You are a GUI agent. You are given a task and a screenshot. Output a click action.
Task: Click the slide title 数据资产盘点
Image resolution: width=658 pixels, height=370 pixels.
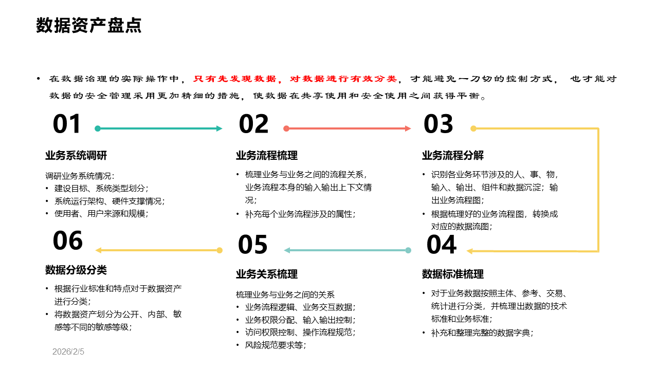click(89, 26)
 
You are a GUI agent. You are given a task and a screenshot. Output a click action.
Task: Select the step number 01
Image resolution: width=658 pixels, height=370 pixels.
click(67, 125)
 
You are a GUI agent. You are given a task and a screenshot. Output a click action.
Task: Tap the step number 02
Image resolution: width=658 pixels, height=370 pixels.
click(253, 125)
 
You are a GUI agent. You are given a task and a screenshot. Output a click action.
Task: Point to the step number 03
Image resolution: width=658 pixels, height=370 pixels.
click(438, 125)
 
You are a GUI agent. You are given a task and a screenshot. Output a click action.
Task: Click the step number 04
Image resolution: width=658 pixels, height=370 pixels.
click(442, 245)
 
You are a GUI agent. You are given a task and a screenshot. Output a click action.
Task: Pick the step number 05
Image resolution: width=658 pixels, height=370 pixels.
click(253, 245)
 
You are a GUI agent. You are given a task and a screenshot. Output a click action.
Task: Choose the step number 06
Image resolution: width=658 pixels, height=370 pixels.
click(68, 241)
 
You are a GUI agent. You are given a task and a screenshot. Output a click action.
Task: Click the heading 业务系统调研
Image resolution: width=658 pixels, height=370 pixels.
click(76, 156)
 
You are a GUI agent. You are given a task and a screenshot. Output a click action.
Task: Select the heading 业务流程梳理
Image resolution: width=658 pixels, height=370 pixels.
click(267, 156)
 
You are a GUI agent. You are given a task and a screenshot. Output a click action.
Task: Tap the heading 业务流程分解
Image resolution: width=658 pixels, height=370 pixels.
click(453, 156)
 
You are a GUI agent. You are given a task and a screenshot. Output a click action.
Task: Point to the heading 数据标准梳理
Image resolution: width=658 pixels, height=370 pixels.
click(453, 274)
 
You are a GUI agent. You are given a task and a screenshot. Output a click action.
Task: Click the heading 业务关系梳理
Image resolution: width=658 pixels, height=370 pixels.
click(267, 274)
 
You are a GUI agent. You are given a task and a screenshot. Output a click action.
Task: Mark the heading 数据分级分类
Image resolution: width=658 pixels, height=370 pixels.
click(76, 270)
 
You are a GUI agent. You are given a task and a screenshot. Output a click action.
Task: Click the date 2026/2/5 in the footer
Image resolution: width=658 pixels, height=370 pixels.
click(68, 352)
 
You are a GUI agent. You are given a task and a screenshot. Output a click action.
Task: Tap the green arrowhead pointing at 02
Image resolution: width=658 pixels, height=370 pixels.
click(220, 128)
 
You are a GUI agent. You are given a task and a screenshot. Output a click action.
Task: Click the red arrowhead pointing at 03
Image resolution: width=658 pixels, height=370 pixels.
click(408, 128)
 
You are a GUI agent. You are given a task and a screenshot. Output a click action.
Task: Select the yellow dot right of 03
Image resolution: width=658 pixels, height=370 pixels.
click(473, 128)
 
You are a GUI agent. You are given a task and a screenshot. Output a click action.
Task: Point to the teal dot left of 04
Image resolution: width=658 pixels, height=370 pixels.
click(408, 250)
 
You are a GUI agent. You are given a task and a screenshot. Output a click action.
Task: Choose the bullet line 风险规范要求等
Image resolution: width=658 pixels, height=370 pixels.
click(276, 345)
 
